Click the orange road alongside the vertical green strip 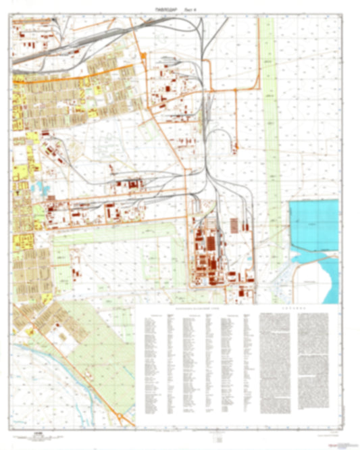pyautogui.click(x=260, y=54)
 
